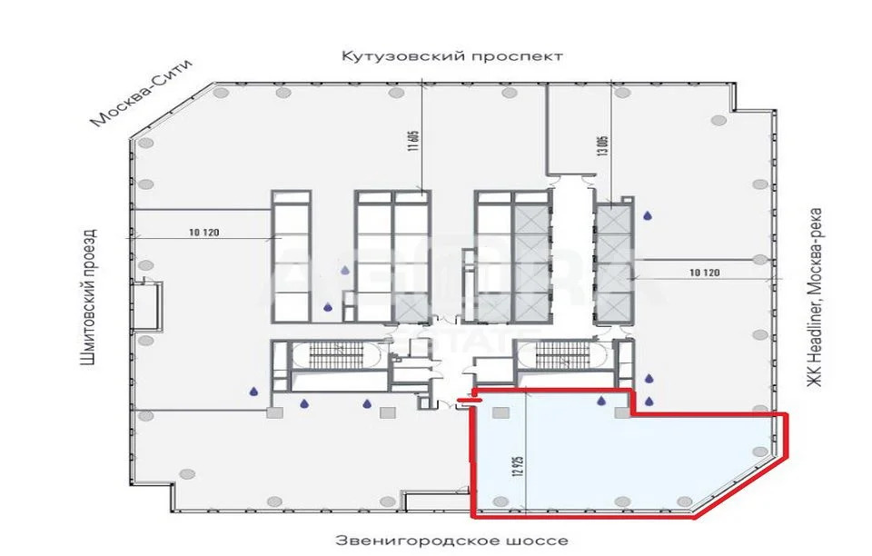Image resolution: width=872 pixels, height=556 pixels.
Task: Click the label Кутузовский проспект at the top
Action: (x=452, y=56)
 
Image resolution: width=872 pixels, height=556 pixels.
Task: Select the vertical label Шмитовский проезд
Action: (x=87, y=296)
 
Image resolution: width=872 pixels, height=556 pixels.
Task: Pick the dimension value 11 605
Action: (x=412, y=145)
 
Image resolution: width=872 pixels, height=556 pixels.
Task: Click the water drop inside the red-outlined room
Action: (x=599, y=401)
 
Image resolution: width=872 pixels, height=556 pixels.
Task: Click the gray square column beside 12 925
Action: (x=498, y=413)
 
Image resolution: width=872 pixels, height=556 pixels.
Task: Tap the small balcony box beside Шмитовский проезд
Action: (x=149, y=306)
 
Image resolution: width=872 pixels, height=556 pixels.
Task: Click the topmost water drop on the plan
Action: (x=648, y=216)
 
